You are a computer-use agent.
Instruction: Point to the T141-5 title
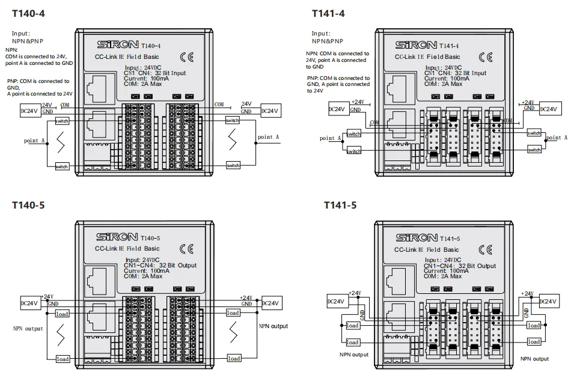(340, 205)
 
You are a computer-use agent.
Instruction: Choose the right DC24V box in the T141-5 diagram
(551, 301)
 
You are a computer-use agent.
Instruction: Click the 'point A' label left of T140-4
(35, 141)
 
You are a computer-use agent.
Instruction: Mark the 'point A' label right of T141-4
(556, 138)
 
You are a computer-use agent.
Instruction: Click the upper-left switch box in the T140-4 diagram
(62, 121)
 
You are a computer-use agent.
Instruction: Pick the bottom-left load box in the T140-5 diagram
(63, 359)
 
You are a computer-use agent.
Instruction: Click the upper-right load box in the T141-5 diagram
(534, 325)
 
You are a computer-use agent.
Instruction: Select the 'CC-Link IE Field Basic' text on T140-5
(127, 248)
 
